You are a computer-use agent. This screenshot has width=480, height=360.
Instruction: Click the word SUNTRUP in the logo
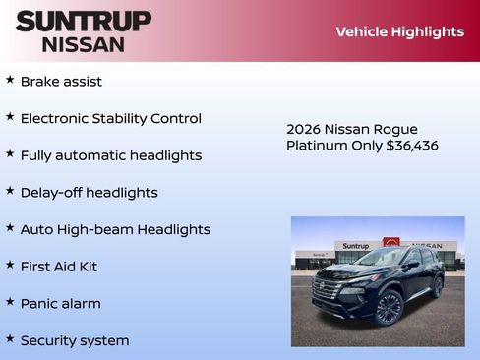[84, 21]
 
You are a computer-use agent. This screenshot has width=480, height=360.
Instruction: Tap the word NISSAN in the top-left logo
[84, 44]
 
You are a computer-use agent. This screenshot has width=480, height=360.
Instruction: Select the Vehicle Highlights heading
[399, 31]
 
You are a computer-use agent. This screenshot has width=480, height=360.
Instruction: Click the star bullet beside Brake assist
[10, 80]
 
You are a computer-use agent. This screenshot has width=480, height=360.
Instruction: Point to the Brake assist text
[61, 82]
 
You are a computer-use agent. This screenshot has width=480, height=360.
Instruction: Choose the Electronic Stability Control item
[110, 118]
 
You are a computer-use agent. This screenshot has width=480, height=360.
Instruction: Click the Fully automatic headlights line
[110, 155]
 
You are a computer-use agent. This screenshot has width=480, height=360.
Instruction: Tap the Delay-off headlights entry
[89, 193]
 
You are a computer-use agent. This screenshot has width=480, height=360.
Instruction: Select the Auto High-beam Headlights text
[115, 229]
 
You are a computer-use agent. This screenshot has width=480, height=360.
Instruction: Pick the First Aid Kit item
[59, 267]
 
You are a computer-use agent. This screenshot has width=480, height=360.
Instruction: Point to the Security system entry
[75, 341]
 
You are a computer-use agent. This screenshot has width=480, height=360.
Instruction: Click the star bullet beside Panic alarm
[10, 302]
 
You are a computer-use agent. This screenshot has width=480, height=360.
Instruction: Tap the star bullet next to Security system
[10, 339]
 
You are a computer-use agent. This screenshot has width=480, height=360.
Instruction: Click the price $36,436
[413, 146]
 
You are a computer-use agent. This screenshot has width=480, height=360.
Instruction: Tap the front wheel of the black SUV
[389, 308]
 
